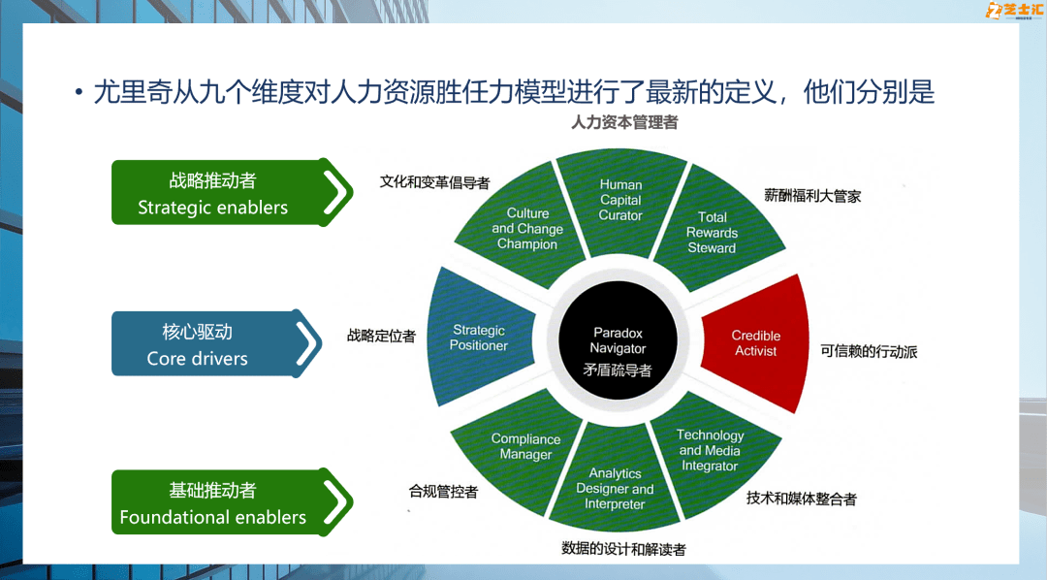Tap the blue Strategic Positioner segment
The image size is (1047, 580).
coord(479,338)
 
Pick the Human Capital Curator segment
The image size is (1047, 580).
coord(620,200)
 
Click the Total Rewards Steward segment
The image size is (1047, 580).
coord(713,233)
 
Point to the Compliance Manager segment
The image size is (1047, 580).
coord(525,446)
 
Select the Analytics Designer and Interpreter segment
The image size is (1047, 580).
coord(616,489)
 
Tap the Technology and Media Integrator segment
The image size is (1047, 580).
coord(711,450)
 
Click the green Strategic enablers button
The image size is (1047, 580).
coord(229,193)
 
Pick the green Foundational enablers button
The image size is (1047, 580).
coord(229,503)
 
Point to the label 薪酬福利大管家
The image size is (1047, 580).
coord(812,196)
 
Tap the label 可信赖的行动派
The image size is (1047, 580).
coord(869,351)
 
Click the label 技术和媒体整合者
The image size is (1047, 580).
coord(801,499)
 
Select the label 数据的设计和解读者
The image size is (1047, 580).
coord(623,548)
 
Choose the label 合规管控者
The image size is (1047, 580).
coord(443,491)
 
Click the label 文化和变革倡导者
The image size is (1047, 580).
coord(434,181)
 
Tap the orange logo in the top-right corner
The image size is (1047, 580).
coord(1013,11)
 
